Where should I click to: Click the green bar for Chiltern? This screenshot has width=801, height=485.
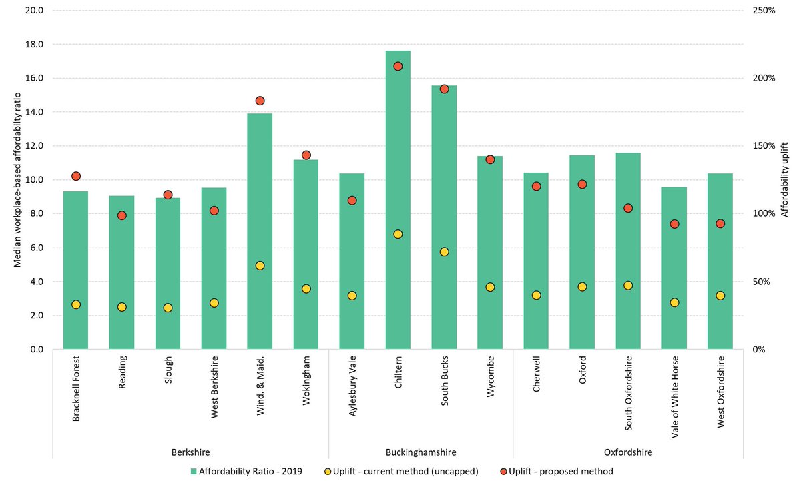398,200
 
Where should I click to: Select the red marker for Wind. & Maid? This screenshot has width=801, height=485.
260,101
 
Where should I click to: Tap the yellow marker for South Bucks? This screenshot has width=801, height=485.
444,252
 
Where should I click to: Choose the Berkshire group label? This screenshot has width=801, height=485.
191,452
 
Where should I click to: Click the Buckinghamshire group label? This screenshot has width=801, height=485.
421,452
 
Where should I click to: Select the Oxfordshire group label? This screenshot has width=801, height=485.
627,452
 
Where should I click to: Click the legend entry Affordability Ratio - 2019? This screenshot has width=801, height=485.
246,472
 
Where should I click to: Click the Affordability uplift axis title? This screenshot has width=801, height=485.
785,180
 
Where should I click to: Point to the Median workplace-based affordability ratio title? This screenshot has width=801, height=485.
18,180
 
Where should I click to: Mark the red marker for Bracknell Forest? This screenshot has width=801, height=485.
76,176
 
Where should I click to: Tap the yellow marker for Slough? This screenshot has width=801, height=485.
168,308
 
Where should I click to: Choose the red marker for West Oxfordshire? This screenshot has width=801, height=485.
720,223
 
